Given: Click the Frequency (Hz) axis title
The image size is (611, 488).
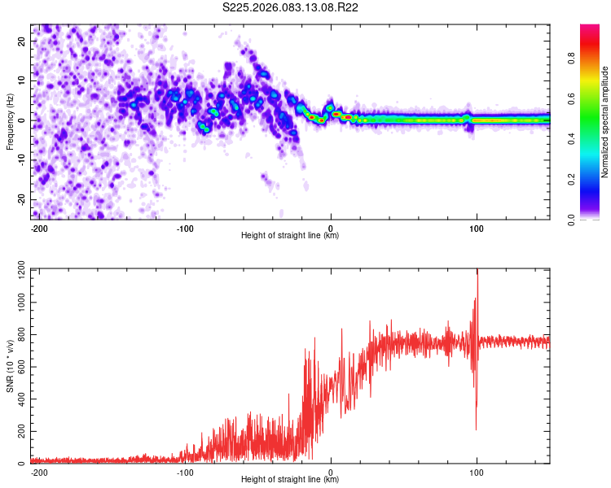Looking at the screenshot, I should [10, 120].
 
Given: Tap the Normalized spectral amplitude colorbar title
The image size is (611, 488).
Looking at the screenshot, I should [605, 123].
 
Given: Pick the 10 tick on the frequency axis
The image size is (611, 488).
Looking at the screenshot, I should [22, 80].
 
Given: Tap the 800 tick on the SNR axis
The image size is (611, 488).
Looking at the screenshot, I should [20, 334].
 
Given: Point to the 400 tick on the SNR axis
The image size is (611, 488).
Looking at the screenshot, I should [20, 399].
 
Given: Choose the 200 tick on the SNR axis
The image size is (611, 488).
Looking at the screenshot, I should [20, 431].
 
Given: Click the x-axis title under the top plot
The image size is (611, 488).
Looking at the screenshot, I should [290, 236].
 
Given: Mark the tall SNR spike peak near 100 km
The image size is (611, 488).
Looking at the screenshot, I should [477, 271].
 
